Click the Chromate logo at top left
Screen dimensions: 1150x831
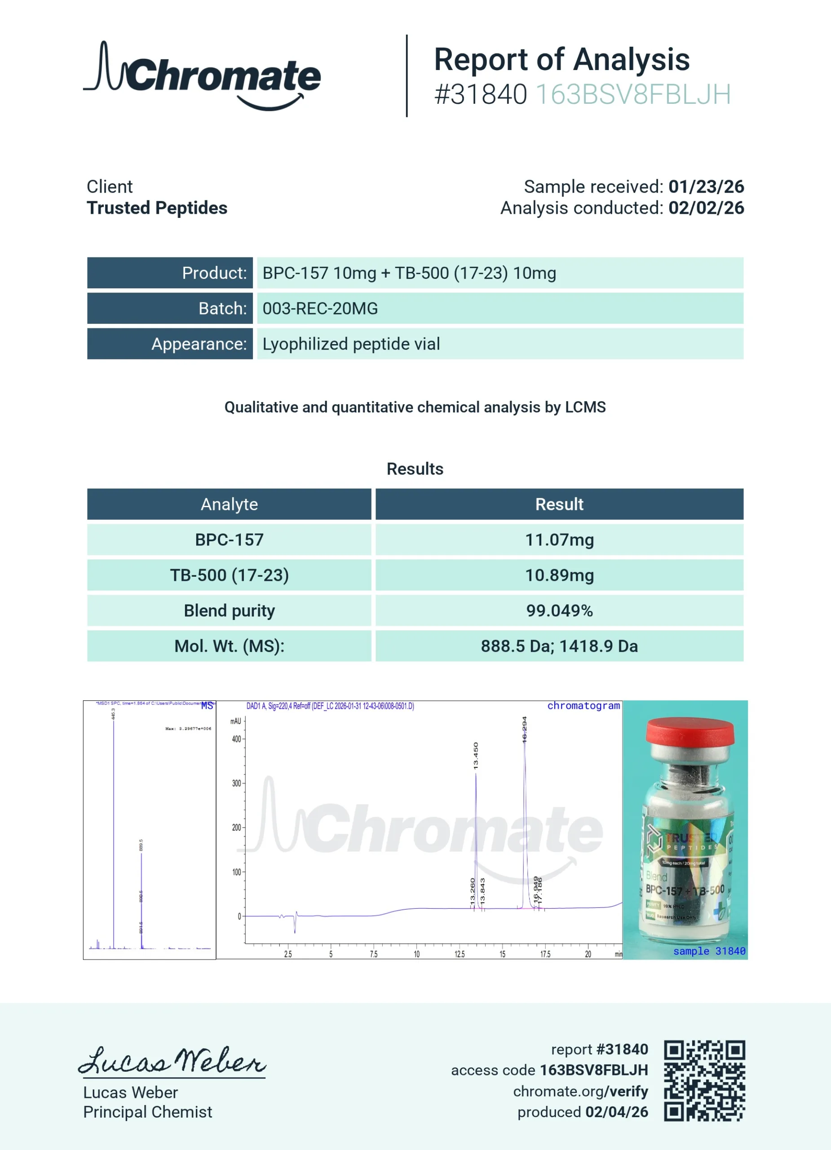coord(202,76)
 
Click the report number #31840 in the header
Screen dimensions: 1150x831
coord(480,94)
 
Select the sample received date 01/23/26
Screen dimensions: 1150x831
coord(706,186)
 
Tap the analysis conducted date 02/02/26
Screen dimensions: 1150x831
coord(706,208)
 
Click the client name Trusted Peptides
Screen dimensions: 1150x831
coord(157,208)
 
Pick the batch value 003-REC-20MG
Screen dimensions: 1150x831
coord(320,308)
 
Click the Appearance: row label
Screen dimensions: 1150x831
coord(199,344)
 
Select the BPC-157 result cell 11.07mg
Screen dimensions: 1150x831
coord(559,540)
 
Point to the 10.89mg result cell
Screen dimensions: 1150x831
coord(559,575)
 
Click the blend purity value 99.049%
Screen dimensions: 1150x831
coord(559,610)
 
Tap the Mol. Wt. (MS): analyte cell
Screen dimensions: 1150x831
coord(229,646)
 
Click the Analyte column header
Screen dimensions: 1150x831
coord(229,504)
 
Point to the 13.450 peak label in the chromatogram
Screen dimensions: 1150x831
coord(476,756)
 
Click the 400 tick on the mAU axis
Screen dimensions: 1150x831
coord(236,739)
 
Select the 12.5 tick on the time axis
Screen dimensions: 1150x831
coord(460,954)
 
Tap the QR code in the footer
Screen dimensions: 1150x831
coord(704,1080)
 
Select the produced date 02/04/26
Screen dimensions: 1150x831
coord(617,1112)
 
